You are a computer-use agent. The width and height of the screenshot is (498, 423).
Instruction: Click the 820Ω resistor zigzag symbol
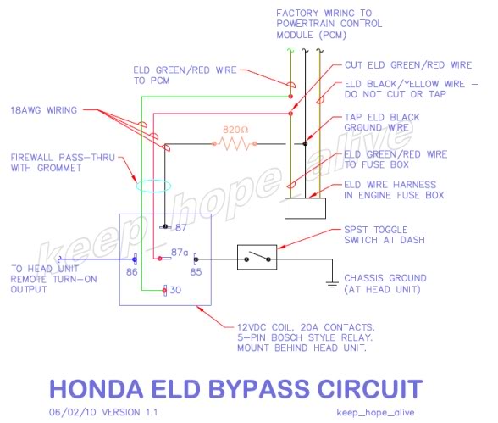pos(235,143)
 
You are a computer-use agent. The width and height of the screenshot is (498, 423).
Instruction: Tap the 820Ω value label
pos(235,130)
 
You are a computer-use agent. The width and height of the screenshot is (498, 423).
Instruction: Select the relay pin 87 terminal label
pos(180,227)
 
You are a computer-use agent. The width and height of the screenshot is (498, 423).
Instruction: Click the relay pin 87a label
pos(180,253)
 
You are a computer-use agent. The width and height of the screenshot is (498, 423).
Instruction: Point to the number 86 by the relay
pos(132,272)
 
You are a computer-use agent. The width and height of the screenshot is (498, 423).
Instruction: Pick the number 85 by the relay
pos(196,272)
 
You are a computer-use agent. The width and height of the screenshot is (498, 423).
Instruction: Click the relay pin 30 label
pos(175,290)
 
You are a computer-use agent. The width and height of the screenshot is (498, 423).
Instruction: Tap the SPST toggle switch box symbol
pos(257,257)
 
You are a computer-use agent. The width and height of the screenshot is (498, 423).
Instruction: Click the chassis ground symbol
pos(332,284)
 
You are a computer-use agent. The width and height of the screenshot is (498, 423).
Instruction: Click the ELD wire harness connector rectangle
pos(305,209)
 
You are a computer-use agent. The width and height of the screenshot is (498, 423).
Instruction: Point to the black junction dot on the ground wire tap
pos(305,143)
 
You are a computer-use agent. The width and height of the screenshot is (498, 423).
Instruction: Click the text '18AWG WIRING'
pos(44,110)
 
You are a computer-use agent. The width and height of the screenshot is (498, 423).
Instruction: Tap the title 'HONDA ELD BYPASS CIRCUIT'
pos(236,389)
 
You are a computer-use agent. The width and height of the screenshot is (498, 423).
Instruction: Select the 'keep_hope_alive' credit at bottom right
pos(375,413)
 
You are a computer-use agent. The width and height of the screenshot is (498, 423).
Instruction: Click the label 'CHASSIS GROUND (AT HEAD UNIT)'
pos(385,284)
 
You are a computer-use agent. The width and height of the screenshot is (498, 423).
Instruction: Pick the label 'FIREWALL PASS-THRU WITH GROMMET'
pos(63,163)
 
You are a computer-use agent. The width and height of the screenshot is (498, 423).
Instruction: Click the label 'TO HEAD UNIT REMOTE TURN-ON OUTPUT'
pos(53,279)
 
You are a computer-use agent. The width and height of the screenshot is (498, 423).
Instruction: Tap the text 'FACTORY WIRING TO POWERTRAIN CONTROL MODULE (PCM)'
pos(329,24)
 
